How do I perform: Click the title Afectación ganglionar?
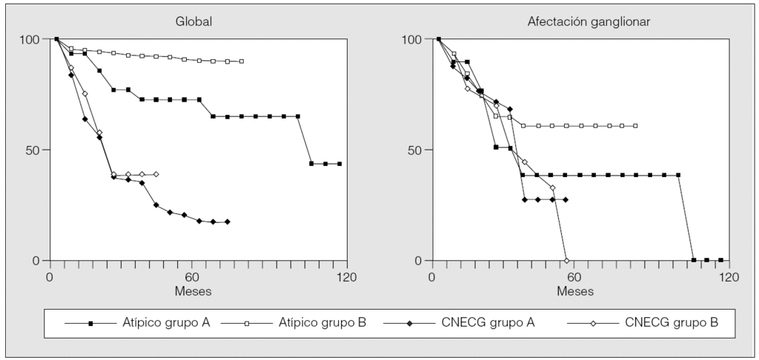[x=579, y=21]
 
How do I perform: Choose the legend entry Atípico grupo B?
[x=323, y=323]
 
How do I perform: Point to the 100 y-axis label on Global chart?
[x=30, y=39]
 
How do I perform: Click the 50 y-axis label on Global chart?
[x=34, y=150]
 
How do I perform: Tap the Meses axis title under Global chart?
[x=193, y=291]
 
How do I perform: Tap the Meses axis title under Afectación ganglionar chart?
[x=575, y=291]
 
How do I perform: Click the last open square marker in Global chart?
[x=242, y=61]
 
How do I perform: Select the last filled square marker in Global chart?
[x=339, y=164]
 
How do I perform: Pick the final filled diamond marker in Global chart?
[x=228, y=221]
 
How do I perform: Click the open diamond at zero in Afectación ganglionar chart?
[x=566, y=260]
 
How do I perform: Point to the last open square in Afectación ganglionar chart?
[x=636, y=126]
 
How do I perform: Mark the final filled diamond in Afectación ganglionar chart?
[x=566, y=199]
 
